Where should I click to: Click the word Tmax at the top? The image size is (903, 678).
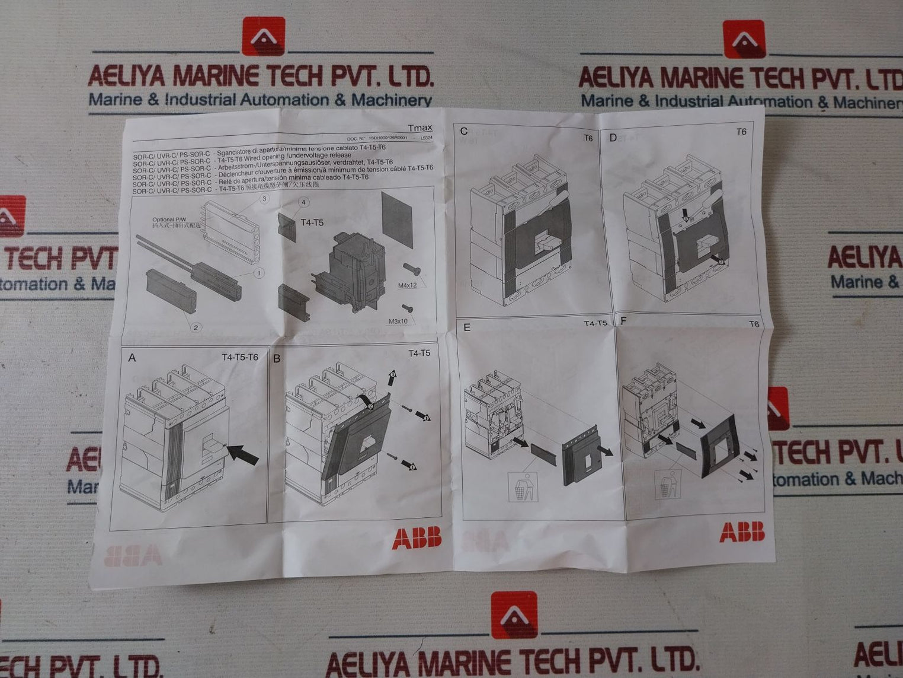pyautogui.click(x=420, y=128)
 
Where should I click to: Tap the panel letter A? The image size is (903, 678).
pyautogui.click(x=132, y=358)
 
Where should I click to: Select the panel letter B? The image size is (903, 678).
pyautogui.click(x=277, y=358)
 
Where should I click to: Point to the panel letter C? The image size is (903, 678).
pyautogui.click(x=464, y=131)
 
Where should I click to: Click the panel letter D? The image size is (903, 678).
pyautogui.click(x=613, y=138)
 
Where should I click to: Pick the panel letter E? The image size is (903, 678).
pyautogui.click(x=467, y=327)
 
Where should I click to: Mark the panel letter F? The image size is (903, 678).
pyautogui.click(x=623, y=321)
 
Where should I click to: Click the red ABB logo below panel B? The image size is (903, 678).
pyautogui.click(x=417, y=538)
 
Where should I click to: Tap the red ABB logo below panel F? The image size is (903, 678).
pyautogui.click(x=742, y=532)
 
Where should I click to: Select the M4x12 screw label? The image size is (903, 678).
pyautogui.click(x=407, y=285)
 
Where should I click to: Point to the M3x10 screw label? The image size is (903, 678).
pyautogui.click(x=398, y=322)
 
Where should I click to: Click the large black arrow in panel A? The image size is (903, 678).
pyautogui.click(x=243, y=454)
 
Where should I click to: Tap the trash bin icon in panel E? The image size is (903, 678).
pyautogui.click(x=521, y=488)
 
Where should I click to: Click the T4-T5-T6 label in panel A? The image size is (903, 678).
pyautogui.click(x=240, y=357)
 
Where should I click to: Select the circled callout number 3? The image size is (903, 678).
pyautogui.click(x=264, y=199)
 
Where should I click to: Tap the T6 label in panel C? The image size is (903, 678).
pyautogui.click(x=588, y=138)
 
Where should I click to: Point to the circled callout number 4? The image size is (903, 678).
pyautogui.click(x=304, y=202)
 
